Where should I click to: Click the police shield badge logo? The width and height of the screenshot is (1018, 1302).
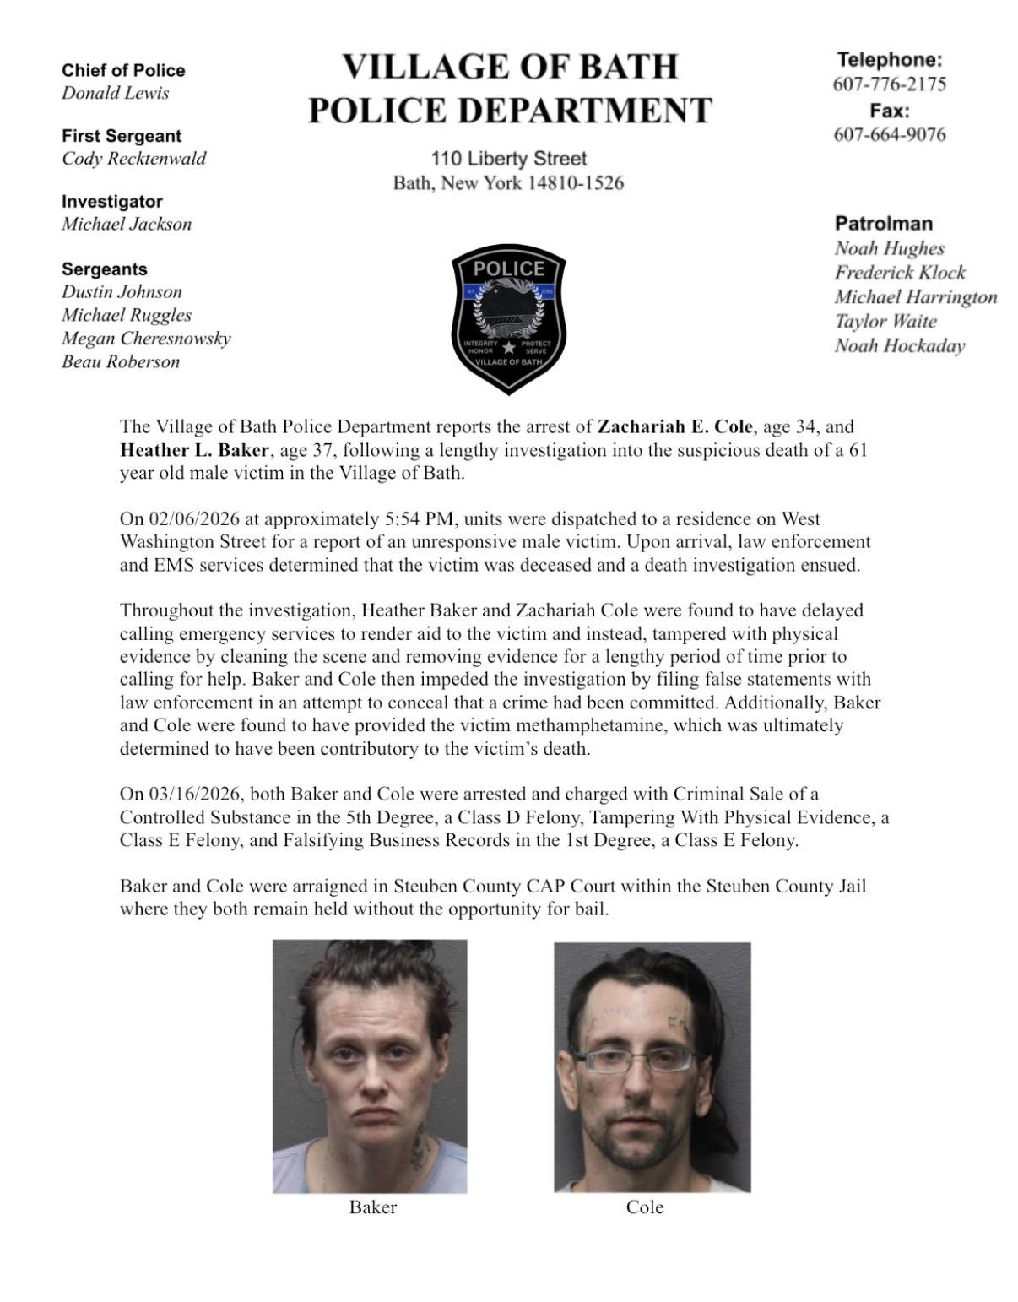click(508, 321)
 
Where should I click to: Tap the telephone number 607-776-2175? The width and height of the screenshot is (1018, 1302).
click(889, 84)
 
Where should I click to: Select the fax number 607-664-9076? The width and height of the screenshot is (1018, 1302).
click(889, 134)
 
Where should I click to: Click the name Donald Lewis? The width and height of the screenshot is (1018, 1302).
click(115, 93)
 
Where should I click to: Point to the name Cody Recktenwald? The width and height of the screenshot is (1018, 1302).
click(133, 158)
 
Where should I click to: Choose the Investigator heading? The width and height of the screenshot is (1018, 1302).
click(111, 202)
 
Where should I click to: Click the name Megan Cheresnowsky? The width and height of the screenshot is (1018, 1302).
click(146, 339)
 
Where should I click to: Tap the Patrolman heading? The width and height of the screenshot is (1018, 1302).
click(883, 224)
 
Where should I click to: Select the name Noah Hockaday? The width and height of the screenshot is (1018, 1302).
click(899, 345)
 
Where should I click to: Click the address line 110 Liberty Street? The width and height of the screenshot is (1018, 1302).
click(508, 159)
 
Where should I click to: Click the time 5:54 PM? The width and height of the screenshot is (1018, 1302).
click(421, 518)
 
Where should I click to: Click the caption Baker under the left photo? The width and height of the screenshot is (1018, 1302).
click(372, 1207)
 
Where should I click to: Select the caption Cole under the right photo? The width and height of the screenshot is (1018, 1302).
click(645, 1207)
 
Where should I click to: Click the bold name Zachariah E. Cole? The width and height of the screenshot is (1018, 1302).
click(674, 427)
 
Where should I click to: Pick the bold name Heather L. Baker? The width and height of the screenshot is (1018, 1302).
click(193, 450)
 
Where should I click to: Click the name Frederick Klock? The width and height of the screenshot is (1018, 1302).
click(900, 273)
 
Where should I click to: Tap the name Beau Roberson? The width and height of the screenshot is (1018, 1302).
click(120, 361)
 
